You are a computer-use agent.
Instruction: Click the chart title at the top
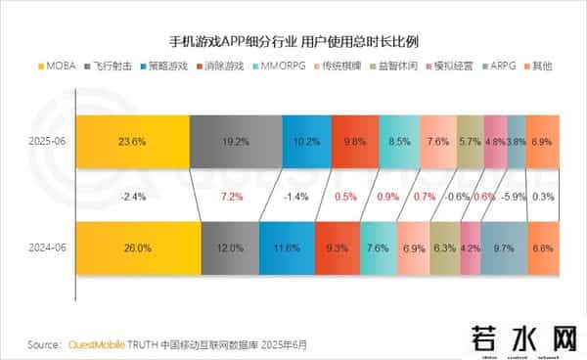[x=293, y=43]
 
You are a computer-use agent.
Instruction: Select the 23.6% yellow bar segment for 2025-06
[x=131, y=141]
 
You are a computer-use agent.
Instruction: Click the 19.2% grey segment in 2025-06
[x=235, y=141]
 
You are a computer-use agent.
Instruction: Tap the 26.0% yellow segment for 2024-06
[x=137, y=248]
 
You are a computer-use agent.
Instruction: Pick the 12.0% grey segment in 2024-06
[x=231, y=248]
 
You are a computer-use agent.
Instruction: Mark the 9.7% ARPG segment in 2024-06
[x=506, y=248]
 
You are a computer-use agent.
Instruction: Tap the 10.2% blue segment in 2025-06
[x=306, y=141]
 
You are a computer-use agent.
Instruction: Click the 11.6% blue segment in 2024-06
[x=288, y=248]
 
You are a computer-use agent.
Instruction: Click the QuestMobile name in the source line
[x=98, y=344]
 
